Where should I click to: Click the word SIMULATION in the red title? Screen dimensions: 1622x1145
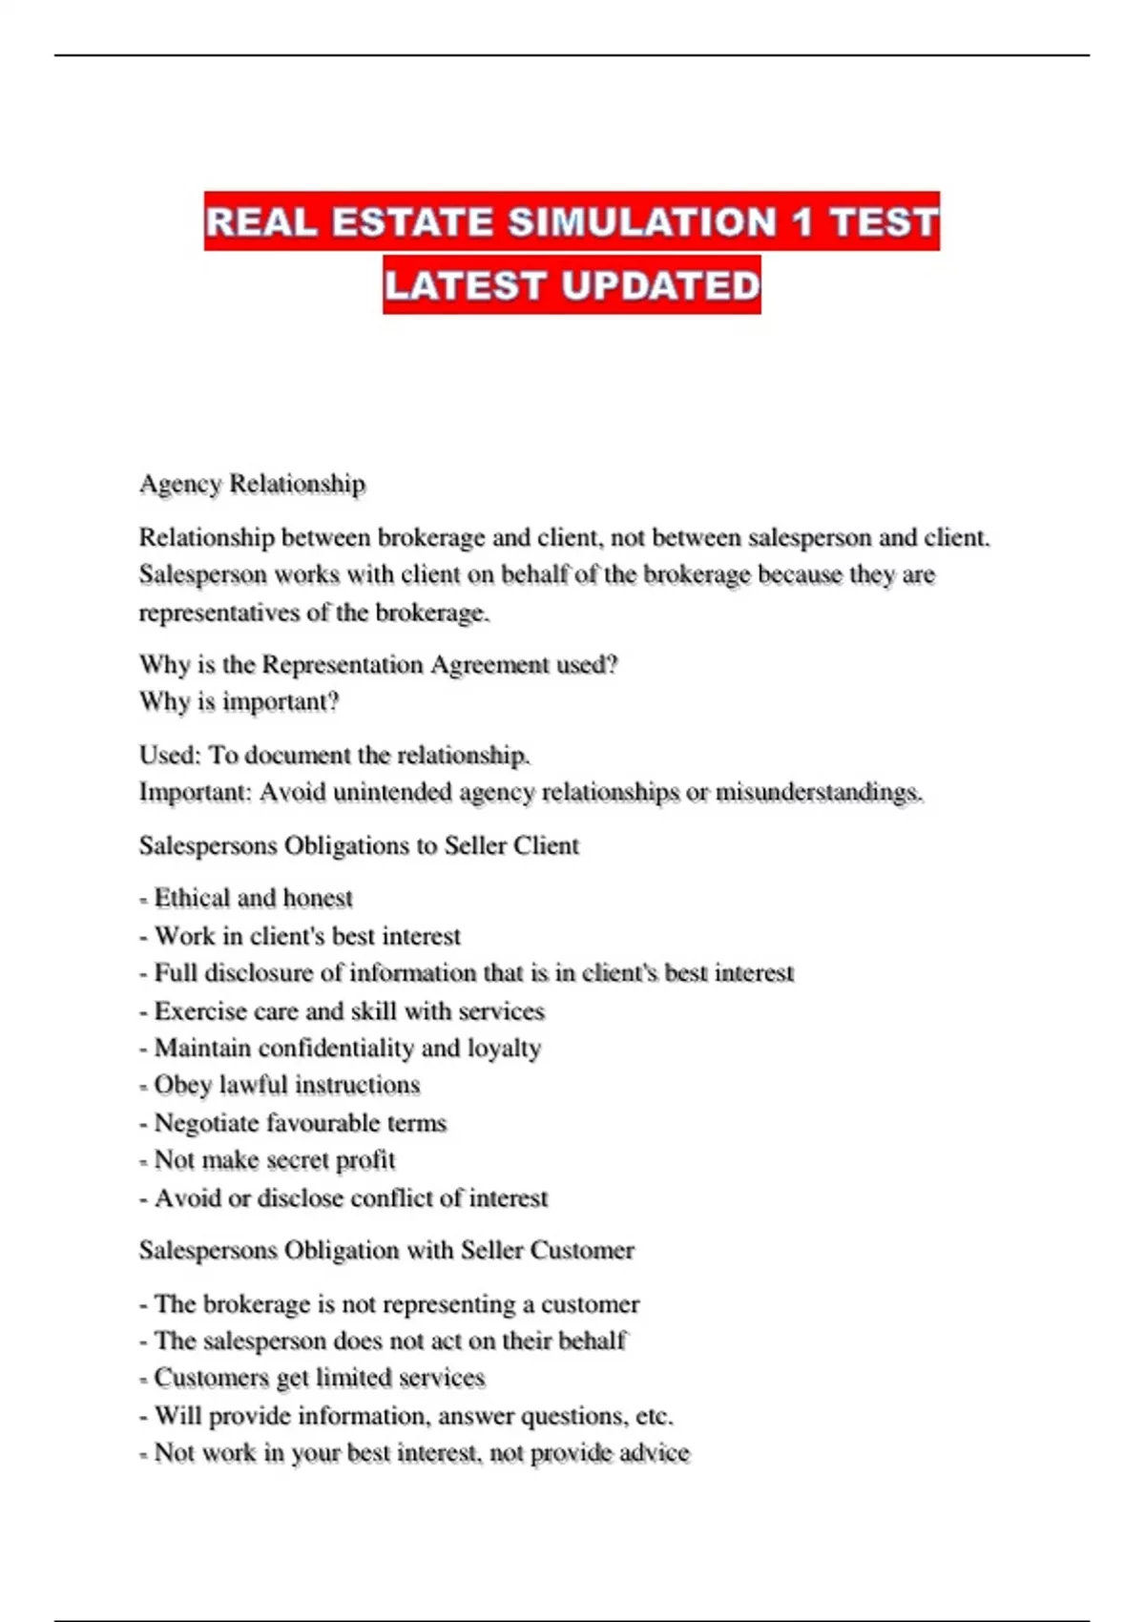pos(642,222)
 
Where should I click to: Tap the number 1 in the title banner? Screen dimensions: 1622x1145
pos(802,222)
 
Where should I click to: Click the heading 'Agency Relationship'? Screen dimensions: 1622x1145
pos(252,484)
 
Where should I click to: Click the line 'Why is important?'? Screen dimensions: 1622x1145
pos(239,701)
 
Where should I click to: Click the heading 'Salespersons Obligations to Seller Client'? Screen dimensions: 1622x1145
pos(359,845)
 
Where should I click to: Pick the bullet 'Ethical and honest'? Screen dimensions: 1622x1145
pos(253,898)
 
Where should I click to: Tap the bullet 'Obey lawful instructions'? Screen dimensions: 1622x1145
pos(286,1085)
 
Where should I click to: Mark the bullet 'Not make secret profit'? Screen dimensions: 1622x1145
pos(274,1160)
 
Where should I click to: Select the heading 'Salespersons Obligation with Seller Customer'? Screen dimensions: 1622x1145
pos(386,1250)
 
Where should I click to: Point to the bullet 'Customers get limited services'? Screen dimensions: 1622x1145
pos(319,1378)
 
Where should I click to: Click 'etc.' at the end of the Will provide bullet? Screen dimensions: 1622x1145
pos(654,1415)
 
